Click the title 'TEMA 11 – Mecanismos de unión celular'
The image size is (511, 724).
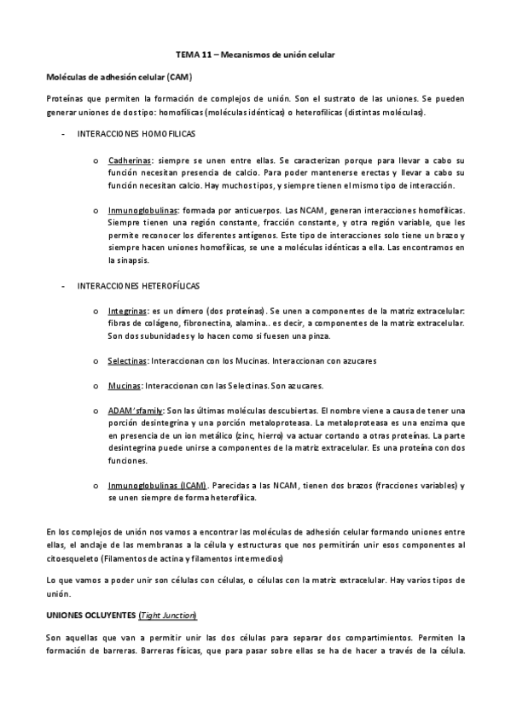255,55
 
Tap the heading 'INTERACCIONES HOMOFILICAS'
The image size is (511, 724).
136,135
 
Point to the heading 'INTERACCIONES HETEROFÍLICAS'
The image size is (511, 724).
138,285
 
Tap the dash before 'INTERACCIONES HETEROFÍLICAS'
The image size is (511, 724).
65,285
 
